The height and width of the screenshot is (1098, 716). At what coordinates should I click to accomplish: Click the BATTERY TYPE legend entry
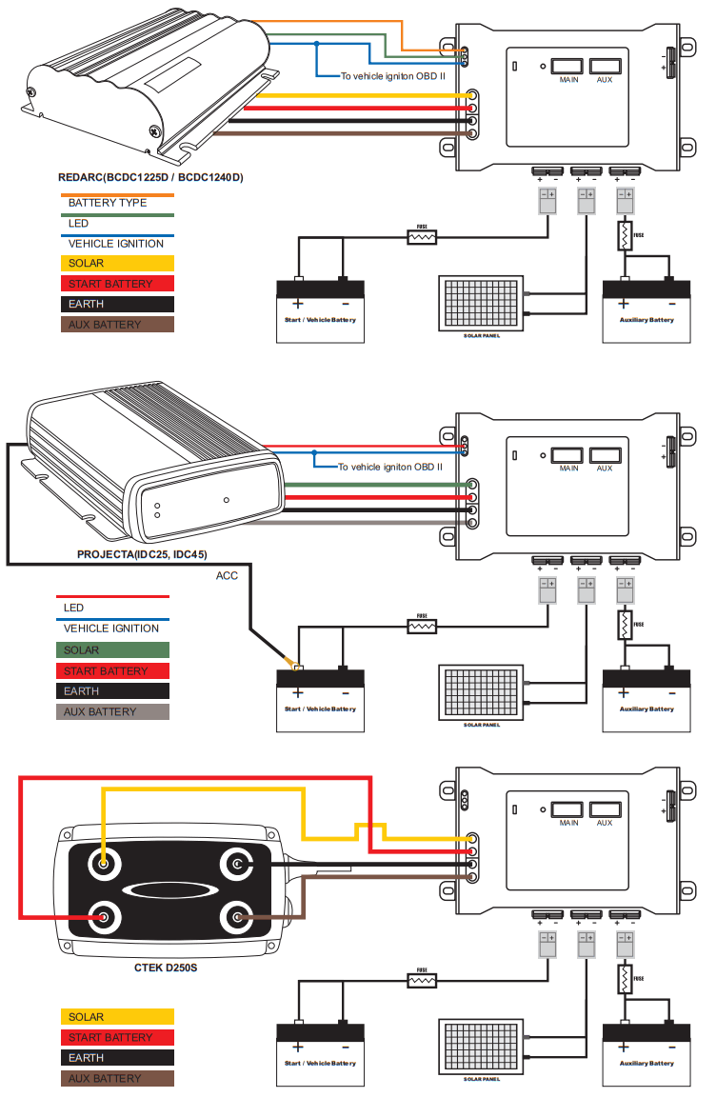click(107, 203)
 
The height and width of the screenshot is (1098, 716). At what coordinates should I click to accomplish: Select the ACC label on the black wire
click(227, 575)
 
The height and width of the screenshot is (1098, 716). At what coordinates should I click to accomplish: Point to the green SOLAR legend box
click(113, 650)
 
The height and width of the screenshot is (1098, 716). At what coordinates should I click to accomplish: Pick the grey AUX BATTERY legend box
click(113, 712)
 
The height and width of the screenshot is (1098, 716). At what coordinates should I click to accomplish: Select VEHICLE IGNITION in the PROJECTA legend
click(110, 629)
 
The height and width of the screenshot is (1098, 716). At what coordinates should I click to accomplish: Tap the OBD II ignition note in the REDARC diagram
click(392, 75)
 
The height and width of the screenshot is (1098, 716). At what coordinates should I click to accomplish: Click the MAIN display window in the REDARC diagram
click(569, 67)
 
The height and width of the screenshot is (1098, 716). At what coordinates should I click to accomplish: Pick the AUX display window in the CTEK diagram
click(605, 810)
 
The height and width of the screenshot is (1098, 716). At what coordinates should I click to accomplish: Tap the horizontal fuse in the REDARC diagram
click(422, 236)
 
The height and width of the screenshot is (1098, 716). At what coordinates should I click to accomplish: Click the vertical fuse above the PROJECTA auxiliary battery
click(625, 625)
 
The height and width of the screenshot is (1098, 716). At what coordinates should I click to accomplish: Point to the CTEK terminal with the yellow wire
click(102, 865)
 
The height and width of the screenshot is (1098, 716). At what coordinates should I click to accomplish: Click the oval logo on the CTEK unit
click(168, 891)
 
